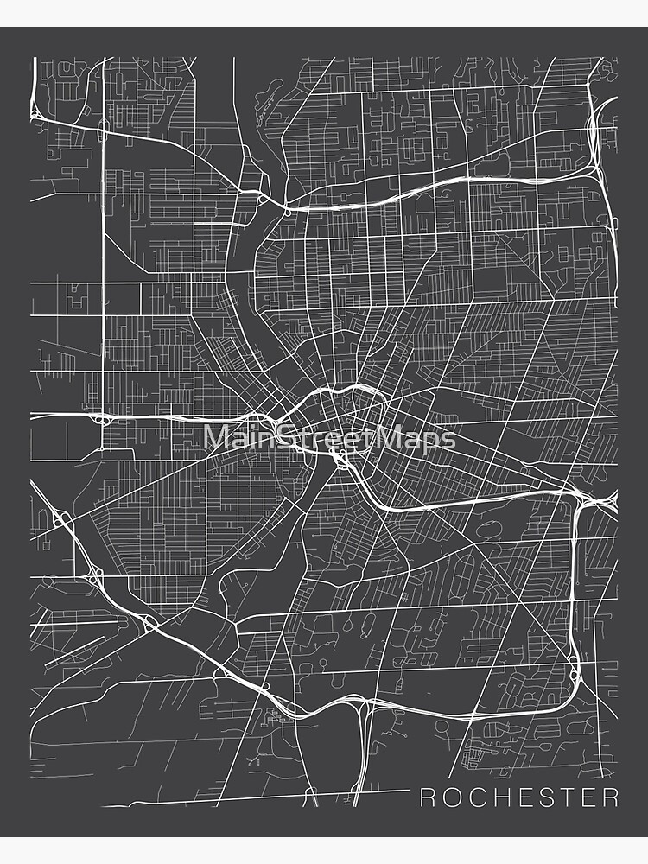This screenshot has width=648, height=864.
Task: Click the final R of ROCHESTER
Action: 610,797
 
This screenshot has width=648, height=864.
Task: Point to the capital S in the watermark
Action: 283,438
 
